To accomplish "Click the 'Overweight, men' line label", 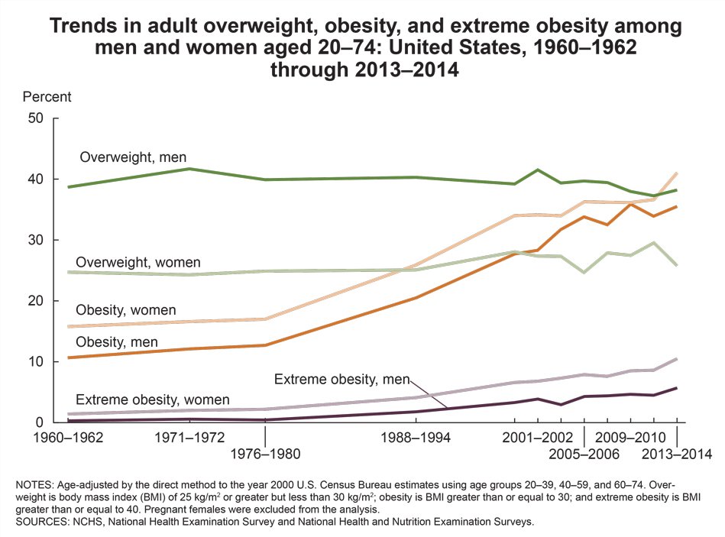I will pos(134,158).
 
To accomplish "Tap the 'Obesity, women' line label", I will pos(126,310).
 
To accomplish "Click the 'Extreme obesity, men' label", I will pos(341,380).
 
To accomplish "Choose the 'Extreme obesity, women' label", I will pos(152,400).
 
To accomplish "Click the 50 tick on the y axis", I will pos(36,118).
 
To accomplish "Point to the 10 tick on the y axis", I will pos(36,362).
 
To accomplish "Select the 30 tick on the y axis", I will pos(36,240).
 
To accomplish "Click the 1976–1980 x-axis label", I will pos(264,454).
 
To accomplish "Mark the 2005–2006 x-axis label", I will pos(584,454).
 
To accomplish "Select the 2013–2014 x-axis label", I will pos(677,454).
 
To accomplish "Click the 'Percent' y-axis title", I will pos(47,97).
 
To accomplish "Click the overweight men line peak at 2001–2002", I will pos(538,170).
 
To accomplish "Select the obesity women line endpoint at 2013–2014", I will pos(677,173).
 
